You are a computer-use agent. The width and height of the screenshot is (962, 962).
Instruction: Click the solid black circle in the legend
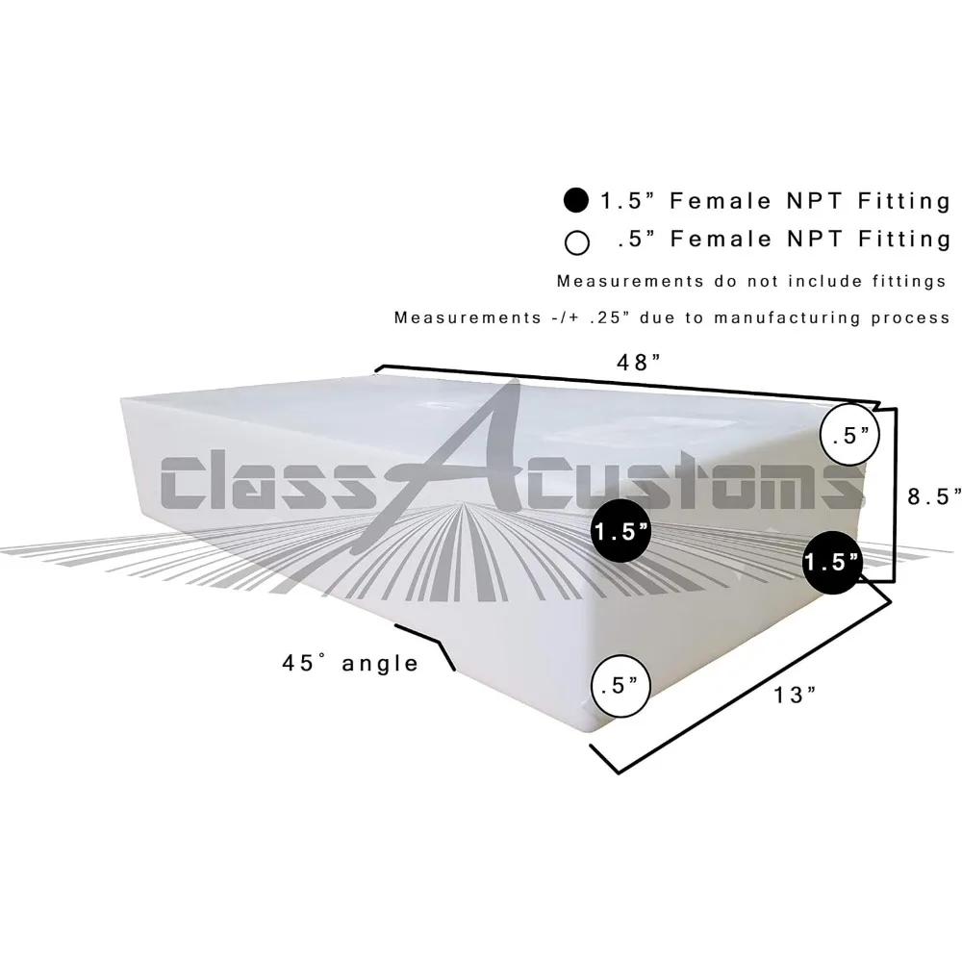576,201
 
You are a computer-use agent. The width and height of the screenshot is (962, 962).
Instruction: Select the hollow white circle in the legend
576,240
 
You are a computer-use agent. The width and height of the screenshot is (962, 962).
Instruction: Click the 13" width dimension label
794,695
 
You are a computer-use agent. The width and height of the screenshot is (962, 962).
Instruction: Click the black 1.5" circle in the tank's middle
620,531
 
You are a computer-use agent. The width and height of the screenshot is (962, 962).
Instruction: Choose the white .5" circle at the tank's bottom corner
620,687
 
